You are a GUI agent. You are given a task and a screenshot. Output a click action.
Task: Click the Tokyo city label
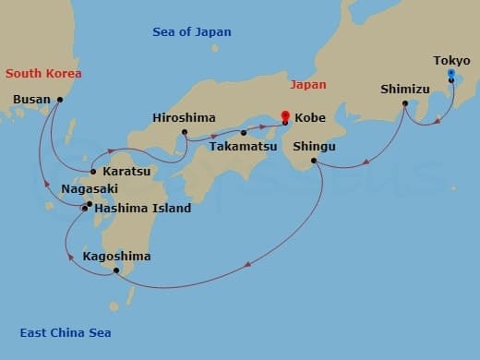[450, 61]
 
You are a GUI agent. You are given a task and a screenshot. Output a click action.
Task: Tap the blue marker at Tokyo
[450, 73]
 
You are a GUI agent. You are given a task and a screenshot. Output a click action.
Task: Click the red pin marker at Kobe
[285, 117]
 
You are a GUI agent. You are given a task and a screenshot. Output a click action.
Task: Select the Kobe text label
[309, 118]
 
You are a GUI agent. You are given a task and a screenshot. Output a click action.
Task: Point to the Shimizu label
[404, 90]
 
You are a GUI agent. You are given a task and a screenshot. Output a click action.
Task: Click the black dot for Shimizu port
[405, 103]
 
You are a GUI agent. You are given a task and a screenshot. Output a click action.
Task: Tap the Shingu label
[314, 147]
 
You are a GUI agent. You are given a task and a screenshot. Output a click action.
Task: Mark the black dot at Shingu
[315, 161]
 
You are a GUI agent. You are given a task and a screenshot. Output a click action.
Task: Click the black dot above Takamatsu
[244, 133]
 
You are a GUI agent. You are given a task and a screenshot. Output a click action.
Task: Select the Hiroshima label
[184, 118]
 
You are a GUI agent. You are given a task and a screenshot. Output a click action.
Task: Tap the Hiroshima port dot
[185, 132]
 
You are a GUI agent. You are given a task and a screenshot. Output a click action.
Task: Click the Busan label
[32, 99]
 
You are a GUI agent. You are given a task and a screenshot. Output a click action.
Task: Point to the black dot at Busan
[60, 99]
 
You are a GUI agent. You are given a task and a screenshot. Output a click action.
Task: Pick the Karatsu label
[126, 172]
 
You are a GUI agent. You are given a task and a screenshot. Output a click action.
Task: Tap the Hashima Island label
[143, 208]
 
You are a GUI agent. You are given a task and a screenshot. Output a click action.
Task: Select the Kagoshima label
[116, 256]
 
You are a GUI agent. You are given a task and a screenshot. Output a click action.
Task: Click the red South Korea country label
[43, 73]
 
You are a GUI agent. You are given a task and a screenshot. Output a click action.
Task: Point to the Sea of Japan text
[192, 32]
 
